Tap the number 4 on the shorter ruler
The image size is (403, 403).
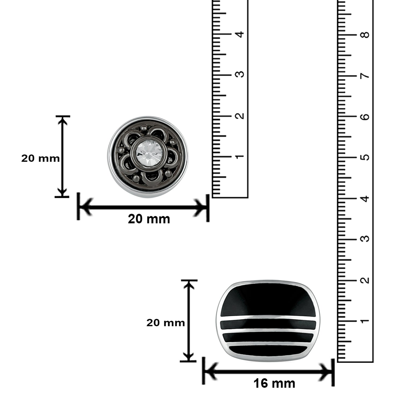(x=240, y=34)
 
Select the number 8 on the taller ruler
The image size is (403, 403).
(x=365, y=35)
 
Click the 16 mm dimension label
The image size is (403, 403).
(x=274, y=383)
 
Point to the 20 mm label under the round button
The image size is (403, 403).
(x=149, y=219)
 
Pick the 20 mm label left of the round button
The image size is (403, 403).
(x=40, y=159)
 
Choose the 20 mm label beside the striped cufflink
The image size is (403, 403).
(x=165, y=323)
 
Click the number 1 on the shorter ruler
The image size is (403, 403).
(x=240, y=156)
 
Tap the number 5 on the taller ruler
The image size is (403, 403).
(x=365, y=157)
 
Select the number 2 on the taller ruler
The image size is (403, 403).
(x=365, y=280)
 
